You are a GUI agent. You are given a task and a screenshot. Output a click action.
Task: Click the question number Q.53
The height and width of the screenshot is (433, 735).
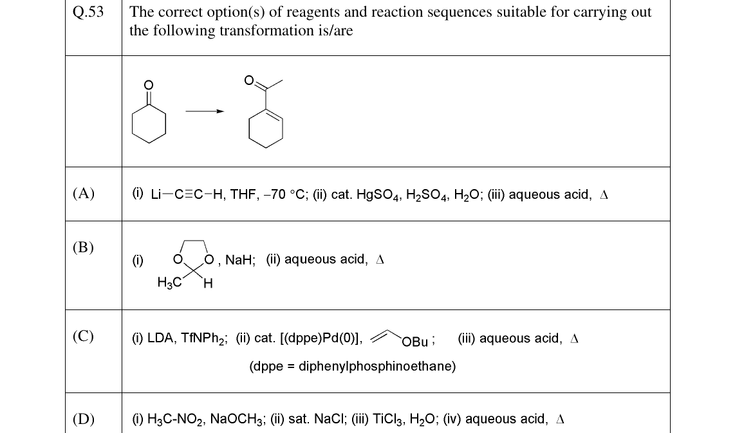(88, 12)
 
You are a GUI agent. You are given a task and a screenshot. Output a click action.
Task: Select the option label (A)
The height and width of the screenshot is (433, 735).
(84, 193)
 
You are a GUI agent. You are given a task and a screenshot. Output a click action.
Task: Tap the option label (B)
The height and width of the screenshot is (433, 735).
(83, 247)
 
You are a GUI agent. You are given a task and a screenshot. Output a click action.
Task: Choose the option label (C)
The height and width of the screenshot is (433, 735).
(83, 336)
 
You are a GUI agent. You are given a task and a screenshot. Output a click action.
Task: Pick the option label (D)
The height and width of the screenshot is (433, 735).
(84, 418)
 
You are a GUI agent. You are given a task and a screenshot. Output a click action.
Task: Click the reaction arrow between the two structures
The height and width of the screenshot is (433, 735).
(205, 111)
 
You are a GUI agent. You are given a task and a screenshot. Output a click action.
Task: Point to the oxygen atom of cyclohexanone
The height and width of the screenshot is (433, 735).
(148, 85)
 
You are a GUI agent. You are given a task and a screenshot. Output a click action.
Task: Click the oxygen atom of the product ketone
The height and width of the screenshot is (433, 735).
(249, 80)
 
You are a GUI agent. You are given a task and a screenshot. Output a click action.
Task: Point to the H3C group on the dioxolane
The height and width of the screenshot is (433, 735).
(169, 282)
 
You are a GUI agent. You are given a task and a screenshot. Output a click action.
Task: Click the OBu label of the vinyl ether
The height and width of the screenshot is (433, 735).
(415, 342)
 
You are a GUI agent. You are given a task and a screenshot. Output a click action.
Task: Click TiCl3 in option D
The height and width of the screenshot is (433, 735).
(387, 419)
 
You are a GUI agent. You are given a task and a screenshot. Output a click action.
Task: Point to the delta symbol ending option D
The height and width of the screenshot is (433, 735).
(560, 419)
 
